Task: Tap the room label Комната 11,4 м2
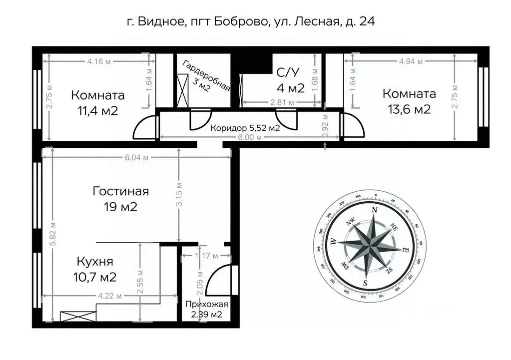pyautogui.click(x=97, y=102)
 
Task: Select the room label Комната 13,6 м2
pyautogui.click(x=409, y=101)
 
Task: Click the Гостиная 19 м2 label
pyautogui.click(x=120, y=199)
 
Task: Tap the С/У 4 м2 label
pyautogui.click(x=290, y=80)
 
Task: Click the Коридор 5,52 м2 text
pyautogui.click(x=244, y=128)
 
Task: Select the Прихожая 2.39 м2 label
pyautogui.click(x=206, y=309)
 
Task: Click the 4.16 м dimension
pyautogui.click(x=98, y=61)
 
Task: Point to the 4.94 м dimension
pyautogui.click(x=411, y=61)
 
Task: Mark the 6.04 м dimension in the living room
pyautogui.click(x=135, y=157)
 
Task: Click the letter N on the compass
pyautogui.click(x=374, y=210)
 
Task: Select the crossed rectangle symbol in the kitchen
pyautogui.click(x=77, y=316)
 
